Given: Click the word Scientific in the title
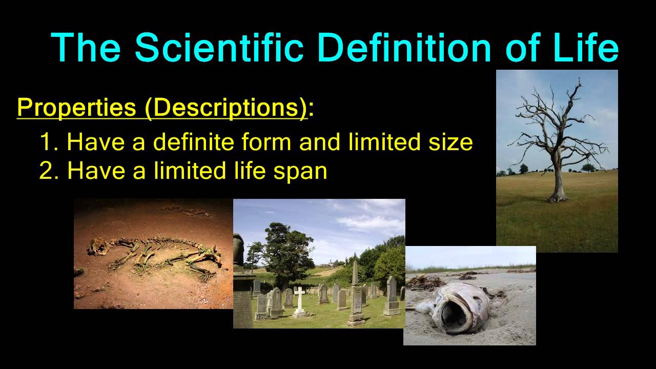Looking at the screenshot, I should (x=219, y=47).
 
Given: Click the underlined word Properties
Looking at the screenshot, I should (x=75, y=108).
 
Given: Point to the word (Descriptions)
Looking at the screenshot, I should (x=226, y=108).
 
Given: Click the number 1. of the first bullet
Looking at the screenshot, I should (x=50, y=142).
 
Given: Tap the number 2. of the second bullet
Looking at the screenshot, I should (x=50, y=171).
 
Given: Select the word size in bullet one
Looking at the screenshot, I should (x=449, y=142).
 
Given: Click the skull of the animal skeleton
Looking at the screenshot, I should (x=99, y=248).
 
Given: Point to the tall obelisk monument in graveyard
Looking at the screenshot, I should (x=355, y=292).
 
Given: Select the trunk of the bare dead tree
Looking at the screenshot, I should (x=558, y=179).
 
